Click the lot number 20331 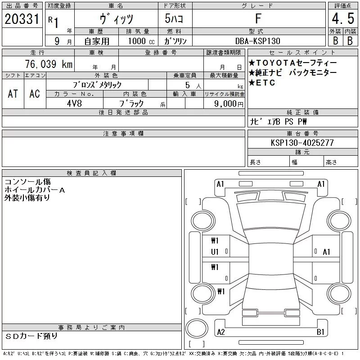22,19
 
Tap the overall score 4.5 343,18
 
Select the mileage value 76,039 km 49,64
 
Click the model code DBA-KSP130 257,41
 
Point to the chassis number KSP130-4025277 302,143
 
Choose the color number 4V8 74,103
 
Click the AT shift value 13,94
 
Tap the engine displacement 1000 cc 141,41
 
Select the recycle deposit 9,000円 229,103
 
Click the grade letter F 258,18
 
